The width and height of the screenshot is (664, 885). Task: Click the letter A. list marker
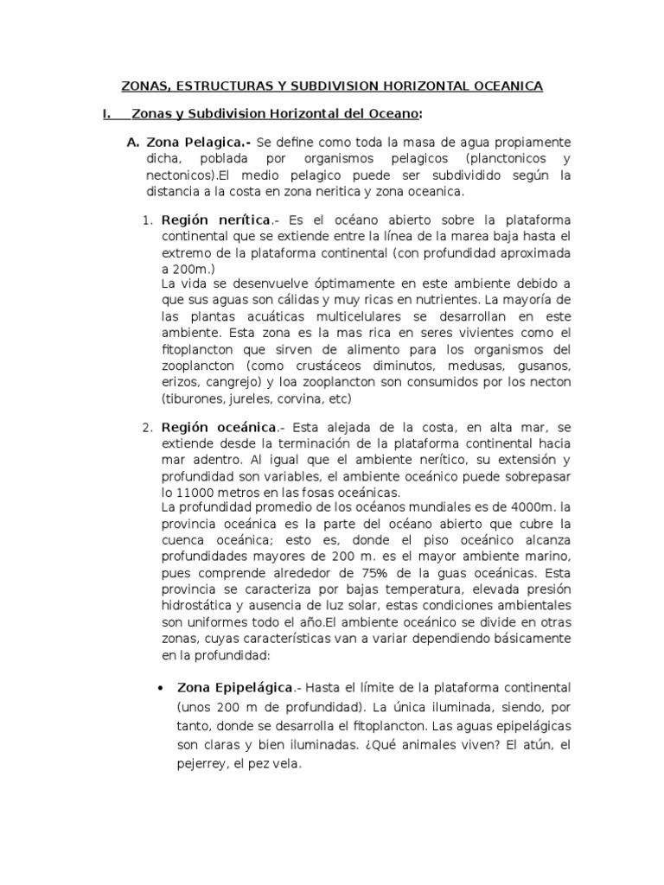[x=132, y=142]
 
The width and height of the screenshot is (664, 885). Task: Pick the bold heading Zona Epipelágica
[x=236, y=687]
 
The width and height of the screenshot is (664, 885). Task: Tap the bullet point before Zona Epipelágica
[x=161, y=689]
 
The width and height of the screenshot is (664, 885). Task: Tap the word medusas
[x=469, y=366]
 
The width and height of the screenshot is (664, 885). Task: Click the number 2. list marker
[x=147, y=427]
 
